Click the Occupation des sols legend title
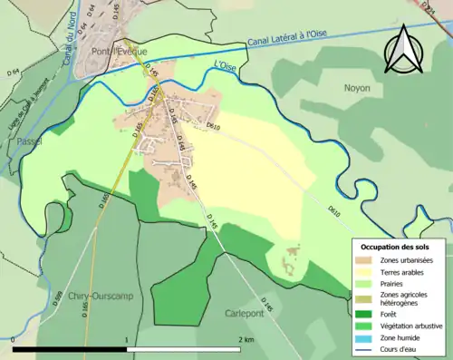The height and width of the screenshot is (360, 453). pyautogui.click(x=397, y=247)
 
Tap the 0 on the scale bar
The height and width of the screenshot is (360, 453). pyautogui.click(x=13, y=339)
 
